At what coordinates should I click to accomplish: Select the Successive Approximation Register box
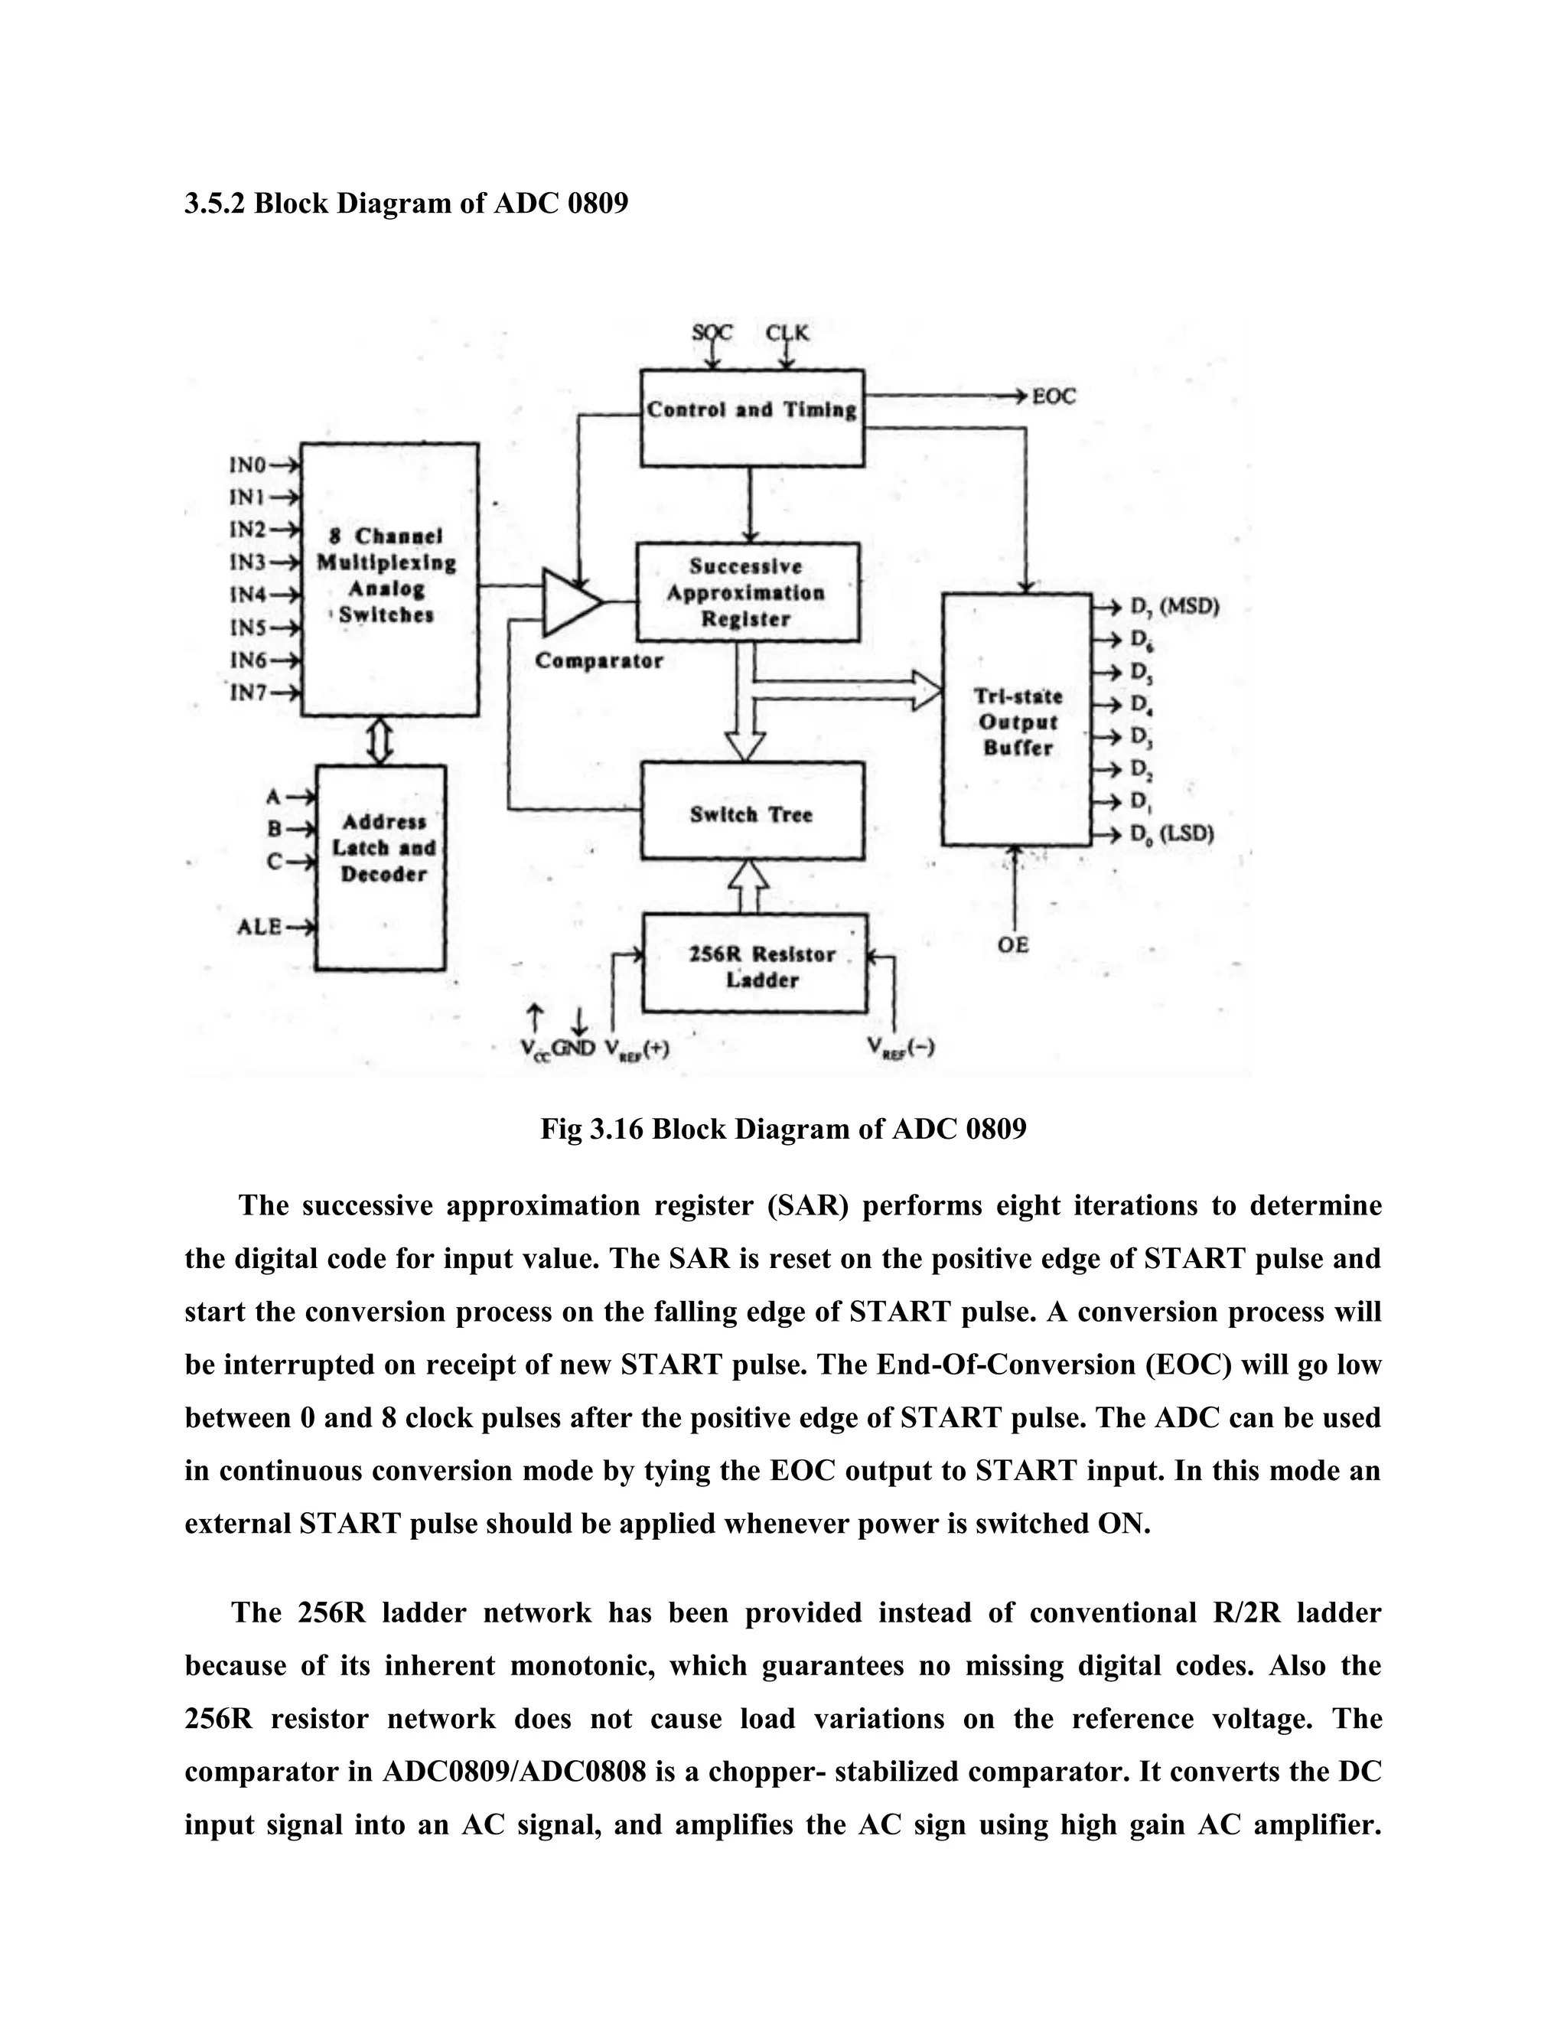[748, 592]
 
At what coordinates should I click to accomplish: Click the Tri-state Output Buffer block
[1017, 721]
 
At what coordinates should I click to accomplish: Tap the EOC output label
[1054, 396]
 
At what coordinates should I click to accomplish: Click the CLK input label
[787, 332]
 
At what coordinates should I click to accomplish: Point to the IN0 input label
[248, 465]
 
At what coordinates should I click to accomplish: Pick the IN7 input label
[248, 692]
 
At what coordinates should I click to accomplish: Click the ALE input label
[259, 926]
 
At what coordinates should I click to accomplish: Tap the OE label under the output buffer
[1013, 944]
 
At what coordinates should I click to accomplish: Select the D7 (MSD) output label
[1174, 608]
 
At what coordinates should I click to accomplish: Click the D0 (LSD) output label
[1171, 834]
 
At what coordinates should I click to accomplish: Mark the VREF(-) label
[901, 1048]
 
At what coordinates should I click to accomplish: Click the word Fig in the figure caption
[561, 1129]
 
